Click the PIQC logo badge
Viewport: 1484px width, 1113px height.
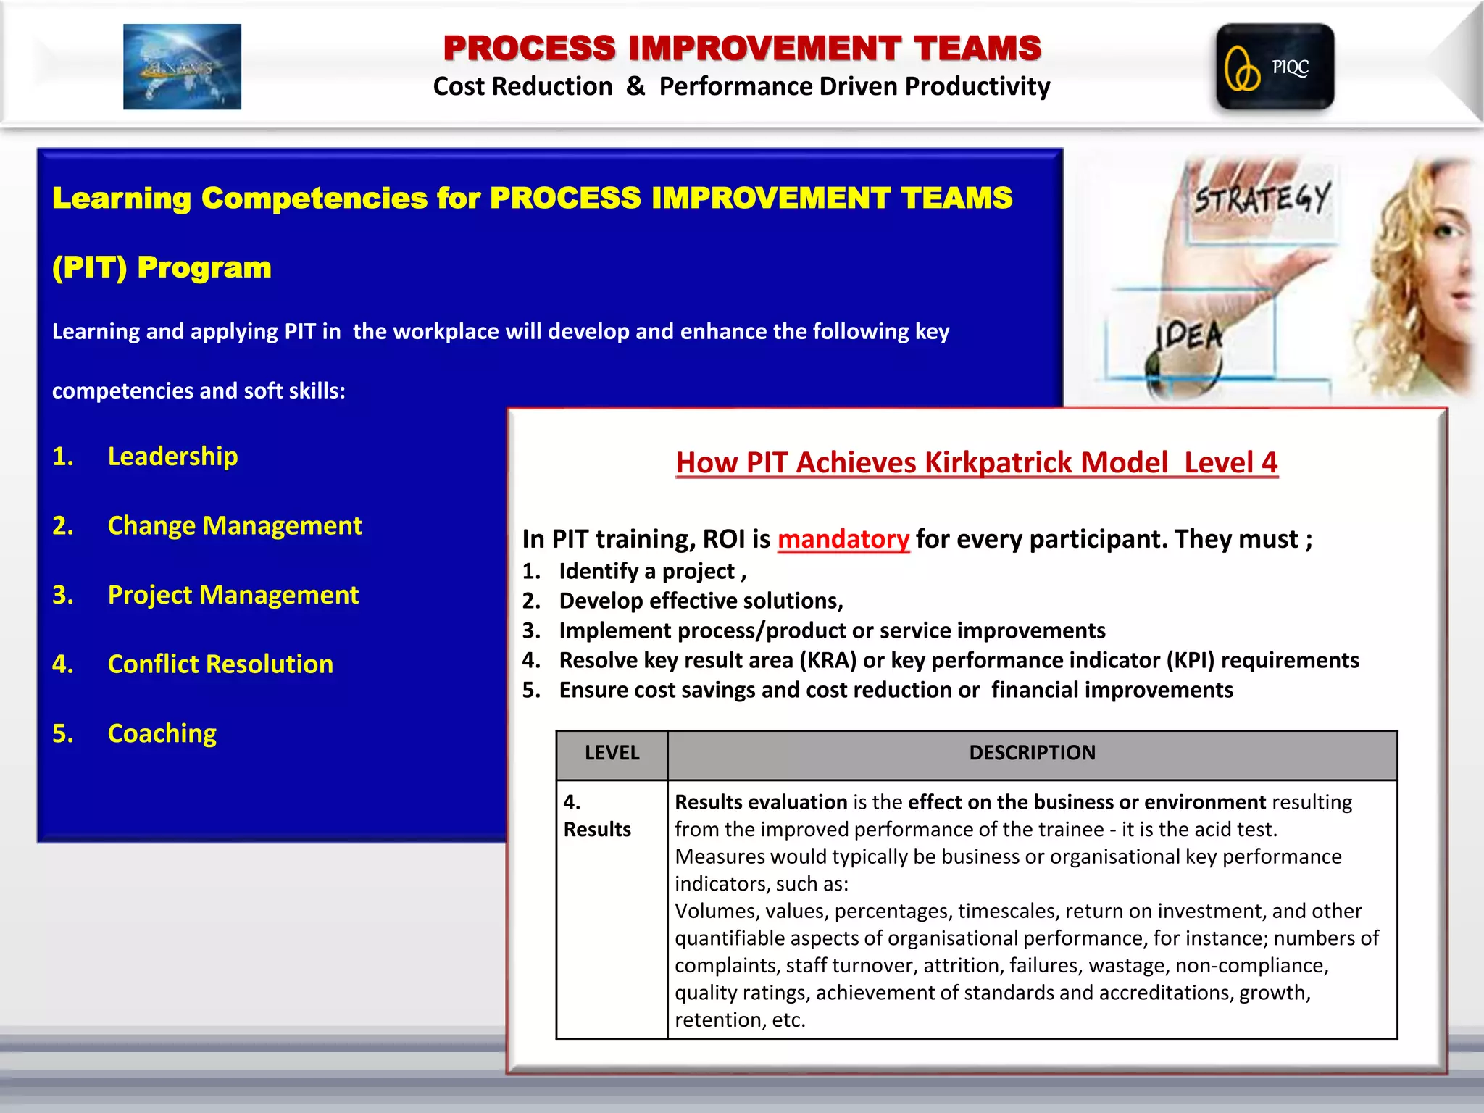click(x=1275, y=67)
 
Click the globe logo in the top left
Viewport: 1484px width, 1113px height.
click(x=182, y=67)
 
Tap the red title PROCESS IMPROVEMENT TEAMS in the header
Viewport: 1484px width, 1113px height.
click(x=742, y=48)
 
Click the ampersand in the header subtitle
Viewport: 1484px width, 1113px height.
click(x=635, y=86)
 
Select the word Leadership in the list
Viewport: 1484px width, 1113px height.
click(x=172, y=457)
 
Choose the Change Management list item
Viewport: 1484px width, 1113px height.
click(x=234, y=525)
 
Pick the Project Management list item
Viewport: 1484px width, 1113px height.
click(x=233, y=595)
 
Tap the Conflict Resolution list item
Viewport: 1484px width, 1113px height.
click(x=220, y=664)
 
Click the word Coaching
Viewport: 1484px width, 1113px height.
click(x=162, y=733)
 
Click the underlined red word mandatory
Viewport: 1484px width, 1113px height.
click(x=843, y=539)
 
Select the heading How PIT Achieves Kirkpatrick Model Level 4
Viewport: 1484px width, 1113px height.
click(x=976, y=462)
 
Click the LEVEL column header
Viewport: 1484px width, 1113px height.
click(x=612, y=753)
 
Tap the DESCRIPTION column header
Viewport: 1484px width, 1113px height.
click(x=1032, y=753)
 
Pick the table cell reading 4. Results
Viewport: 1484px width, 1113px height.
click(x=597, y=816)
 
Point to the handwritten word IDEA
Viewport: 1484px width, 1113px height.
click(x=1189, y=335)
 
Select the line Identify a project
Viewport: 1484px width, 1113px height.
click(x=651, y=572)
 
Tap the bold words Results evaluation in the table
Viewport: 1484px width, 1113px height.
click(x=760, y=802)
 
